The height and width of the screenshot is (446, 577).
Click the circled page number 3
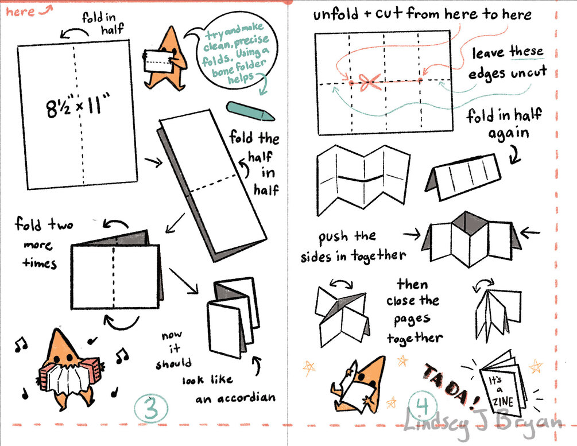151,408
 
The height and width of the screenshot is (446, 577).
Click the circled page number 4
422,405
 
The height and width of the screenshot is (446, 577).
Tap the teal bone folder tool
250,111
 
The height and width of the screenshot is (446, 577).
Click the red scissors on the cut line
369,82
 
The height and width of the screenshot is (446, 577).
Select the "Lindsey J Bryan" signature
483,423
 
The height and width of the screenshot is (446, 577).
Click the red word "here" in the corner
20,12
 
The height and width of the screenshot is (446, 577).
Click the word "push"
332,238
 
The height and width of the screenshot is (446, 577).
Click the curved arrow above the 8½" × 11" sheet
75,32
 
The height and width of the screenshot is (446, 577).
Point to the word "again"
509,134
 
